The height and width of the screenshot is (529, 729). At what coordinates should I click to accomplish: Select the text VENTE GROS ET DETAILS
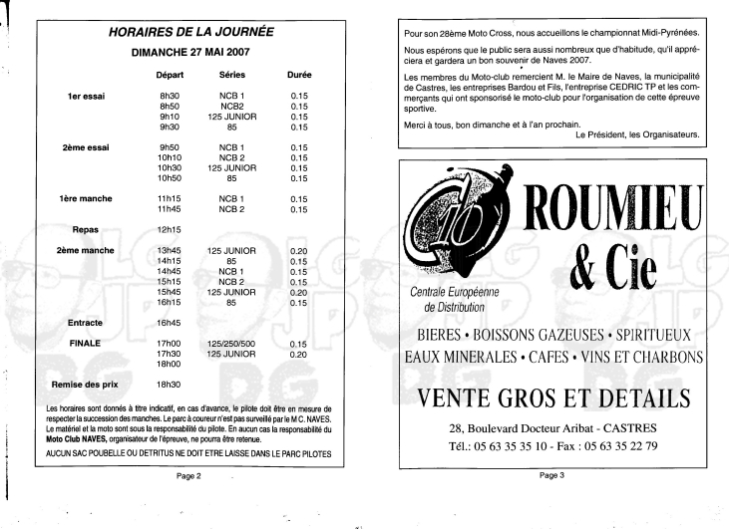pyautogui.click(x=554, y=398)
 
